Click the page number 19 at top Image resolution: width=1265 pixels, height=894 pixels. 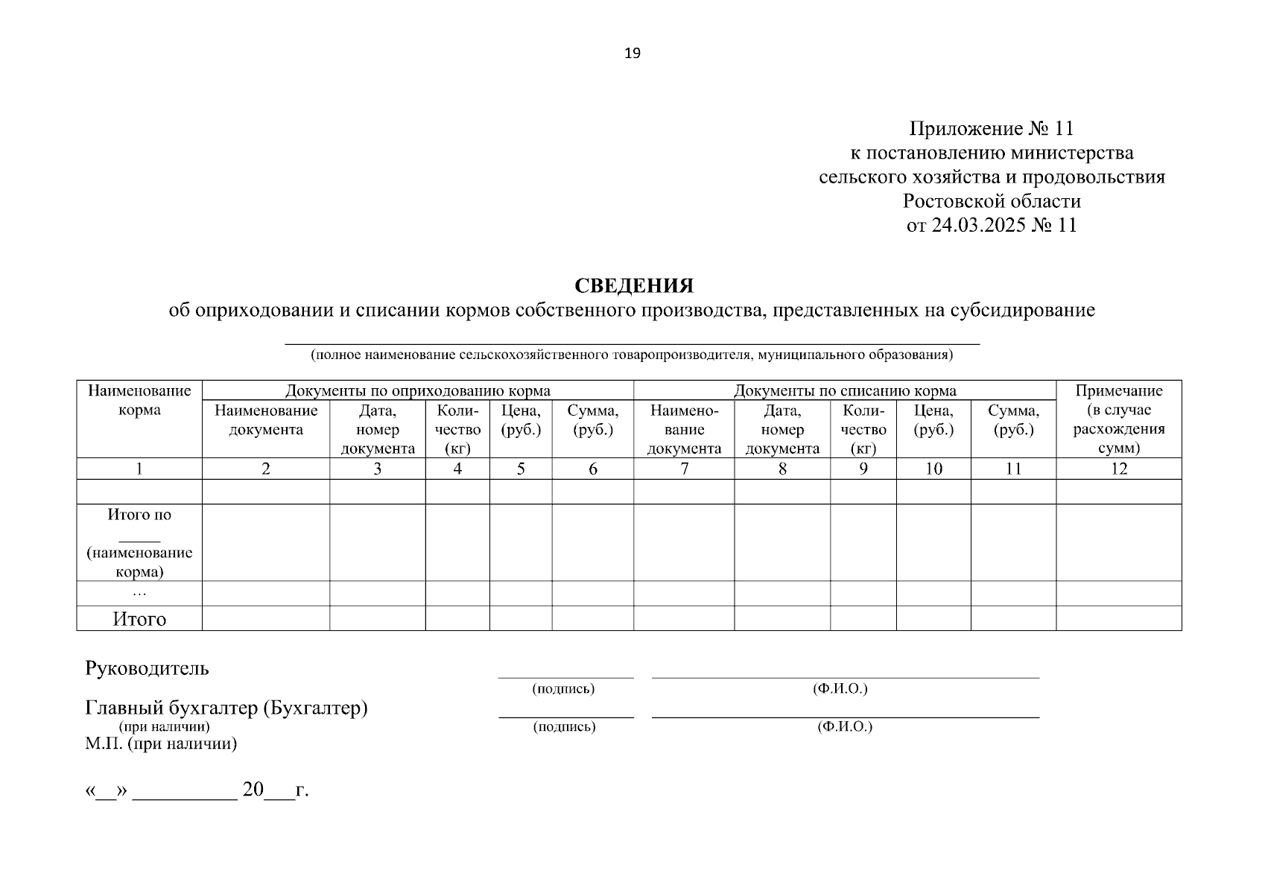tap(632, 53)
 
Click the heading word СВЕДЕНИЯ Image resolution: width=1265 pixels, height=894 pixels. tap(633, 286)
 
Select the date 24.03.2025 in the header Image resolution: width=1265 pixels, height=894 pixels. tap(977, 225)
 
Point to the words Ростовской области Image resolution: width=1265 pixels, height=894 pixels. tap(992, 201)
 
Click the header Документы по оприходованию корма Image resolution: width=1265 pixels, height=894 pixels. tap(418, 390)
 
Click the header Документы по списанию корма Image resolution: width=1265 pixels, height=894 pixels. tap(845, 390)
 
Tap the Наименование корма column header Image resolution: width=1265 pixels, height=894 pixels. tap(139, 400)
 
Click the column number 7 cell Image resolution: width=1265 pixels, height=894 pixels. tap(684, 469)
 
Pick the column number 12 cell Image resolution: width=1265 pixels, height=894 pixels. tap(1118, 469)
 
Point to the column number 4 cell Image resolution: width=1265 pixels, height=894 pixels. tap(457, 469)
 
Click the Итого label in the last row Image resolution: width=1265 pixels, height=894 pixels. tap(139, 619)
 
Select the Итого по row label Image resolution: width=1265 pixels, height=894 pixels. tap(139, 515)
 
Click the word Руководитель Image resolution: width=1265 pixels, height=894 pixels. tap(148, 668)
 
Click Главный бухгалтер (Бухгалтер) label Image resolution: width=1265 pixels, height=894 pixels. tap(226, 708)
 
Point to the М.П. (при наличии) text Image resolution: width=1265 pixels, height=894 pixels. tap(161, 744)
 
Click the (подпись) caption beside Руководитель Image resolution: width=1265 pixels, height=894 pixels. tap(563, 689)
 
